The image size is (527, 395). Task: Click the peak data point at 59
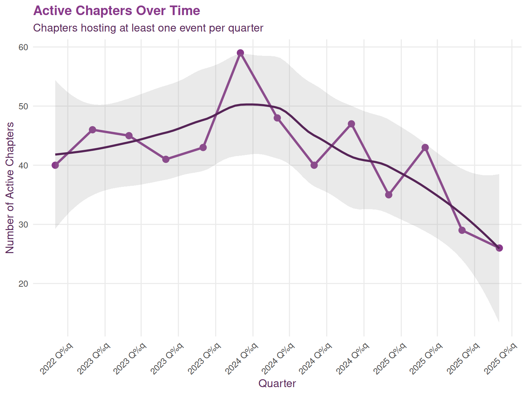(x=240, y=53)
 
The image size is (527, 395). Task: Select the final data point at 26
(x=499, y=248)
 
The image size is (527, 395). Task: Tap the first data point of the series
(x=55, y=165)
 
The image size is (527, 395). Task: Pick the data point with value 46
(x=92, y=130)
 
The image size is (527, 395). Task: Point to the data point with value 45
(x=129, y=135)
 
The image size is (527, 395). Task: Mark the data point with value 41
(x=166, y=159)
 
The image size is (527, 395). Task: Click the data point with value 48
(x=277, y=118)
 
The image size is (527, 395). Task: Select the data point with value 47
(x=351, y=124)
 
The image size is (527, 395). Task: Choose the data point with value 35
(x=388, y=195)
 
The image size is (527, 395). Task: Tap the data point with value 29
(x=462, y=230)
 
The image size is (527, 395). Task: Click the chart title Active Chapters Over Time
(x=117, y=11)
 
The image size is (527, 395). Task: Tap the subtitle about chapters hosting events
(x=148, y=28)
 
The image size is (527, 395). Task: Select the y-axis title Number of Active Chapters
(x=10, y=188)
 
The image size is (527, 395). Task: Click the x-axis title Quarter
(x=277, y=383)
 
